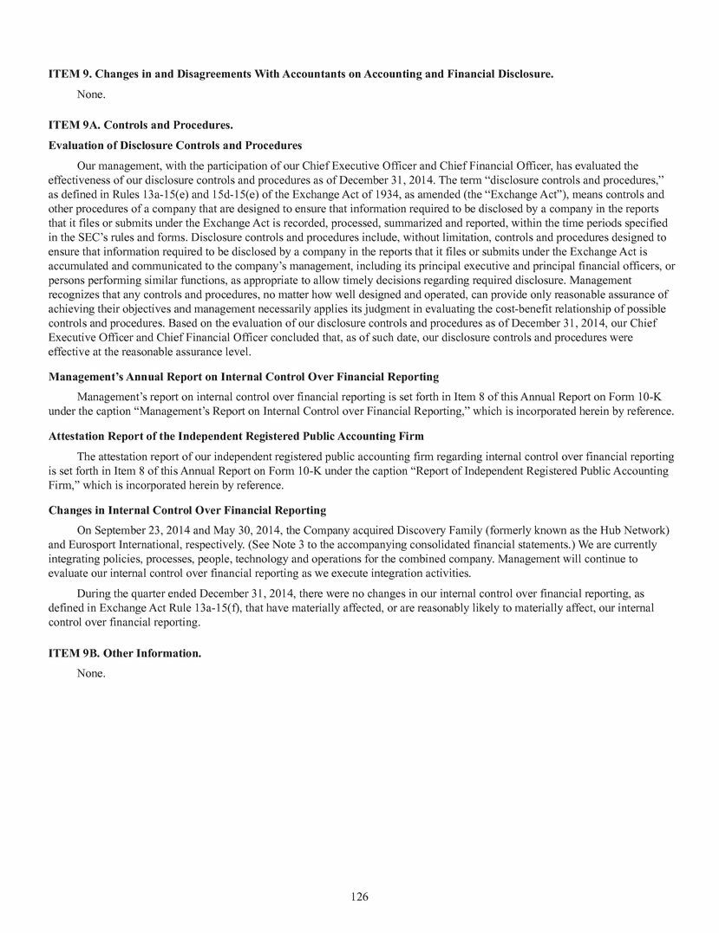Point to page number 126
(x=359, y=897)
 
